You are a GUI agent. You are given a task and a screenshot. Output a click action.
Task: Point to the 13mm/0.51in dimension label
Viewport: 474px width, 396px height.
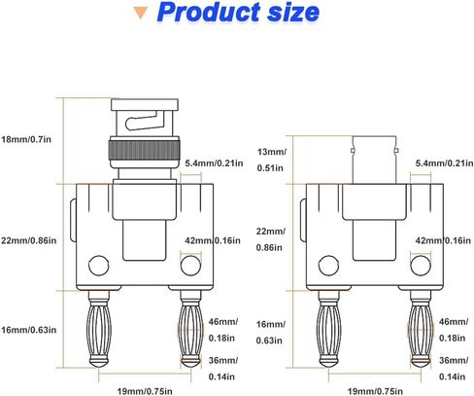click(x=269, y=159)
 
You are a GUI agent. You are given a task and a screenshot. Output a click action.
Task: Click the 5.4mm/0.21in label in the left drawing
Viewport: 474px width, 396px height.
click(x=213, y=162)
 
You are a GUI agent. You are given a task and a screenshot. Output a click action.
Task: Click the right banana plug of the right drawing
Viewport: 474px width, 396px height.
click(x=421, y=331)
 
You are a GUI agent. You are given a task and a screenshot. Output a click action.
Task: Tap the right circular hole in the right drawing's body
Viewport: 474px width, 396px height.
click(x=421, y=266)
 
